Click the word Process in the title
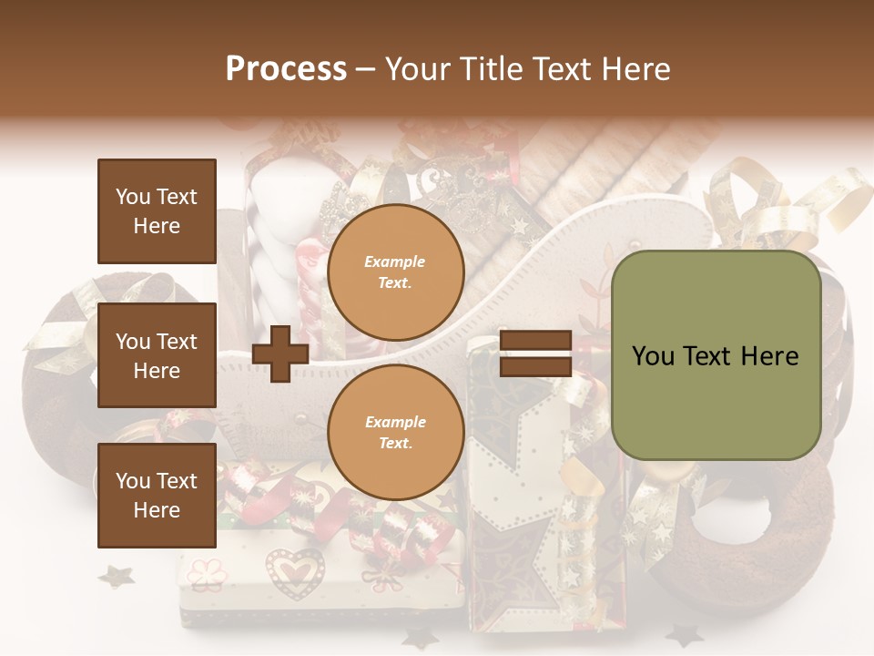coord(286,69)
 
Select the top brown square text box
coord(157,211)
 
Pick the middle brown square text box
coord(157,355)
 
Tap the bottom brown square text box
coord(157,496)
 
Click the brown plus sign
coord(280,354)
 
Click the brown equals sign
coord(535,354)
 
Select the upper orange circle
coord(395,272)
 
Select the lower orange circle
coord(395,432)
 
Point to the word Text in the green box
coord(711,355)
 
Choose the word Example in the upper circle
coord(395,262)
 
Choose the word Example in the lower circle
coord(395,422)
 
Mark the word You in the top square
coord(133,197)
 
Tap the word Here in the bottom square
coord(157,510)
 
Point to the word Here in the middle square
coord(157,371)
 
